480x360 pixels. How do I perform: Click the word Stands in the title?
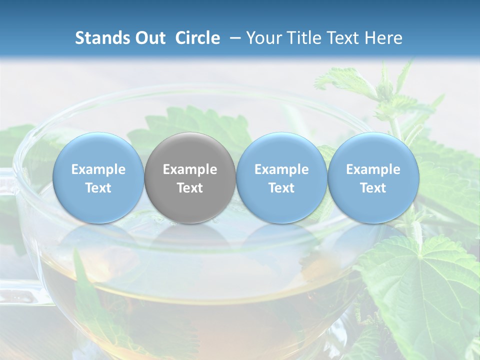102,38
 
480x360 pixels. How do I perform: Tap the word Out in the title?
150,38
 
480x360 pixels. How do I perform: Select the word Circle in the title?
197,38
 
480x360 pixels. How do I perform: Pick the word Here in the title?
383,38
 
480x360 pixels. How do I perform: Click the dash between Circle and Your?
233,38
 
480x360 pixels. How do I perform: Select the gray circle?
190,177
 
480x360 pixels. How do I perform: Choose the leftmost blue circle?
98,177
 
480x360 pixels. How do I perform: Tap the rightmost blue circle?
373,177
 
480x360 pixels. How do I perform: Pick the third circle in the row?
281,177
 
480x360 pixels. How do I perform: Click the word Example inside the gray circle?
190,169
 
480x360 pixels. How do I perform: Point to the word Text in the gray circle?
190,188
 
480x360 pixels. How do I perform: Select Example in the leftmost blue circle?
98,169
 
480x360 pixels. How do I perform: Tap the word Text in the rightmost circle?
373,188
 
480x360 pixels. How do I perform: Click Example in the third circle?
281,169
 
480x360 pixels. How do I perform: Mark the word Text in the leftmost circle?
98,188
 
